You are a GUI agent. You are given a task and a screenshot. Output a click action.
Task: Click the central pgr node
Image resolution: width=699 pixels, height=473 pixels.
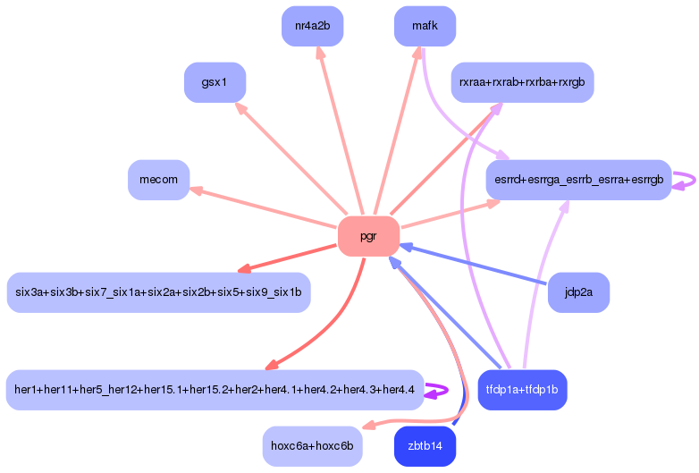pos(368,236)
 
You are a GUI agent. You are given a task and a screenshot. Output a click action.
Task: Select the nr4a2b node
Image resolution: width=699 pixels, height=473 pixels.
pos(313,26)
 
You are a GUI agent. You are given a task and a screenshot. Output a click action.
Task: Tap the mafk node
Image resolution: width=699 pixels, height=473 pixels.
pos(425,26)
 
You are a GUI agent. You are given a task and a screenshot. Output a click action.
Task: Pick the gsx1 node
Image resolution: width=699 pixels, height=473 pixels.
pos(215,82)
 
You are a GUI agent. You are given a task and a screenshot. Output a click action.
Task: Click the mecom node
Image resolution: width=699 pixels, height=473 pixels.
pos(159,180)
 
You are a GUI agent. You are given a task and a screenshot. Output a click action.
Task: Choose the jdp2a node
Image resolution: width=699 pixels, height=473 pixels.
pos(578,292)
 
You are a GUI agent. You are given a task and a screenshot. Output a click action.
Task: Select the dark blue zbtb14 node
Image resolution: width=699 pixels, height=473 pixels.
pos(425,446)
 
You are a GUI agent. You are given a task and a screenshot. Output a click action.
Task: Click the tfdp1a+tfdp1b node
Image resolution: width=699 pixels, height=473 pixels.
pos(523,390)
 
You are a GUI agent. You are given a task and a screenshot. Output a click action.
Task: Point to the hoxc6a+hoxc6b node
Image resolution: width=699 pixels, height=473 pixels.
pos(313,446)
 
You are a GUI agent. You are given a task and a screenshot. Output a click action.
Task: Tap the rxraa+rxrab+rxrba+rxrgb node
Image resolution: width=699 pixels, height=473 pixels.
pos(523,82)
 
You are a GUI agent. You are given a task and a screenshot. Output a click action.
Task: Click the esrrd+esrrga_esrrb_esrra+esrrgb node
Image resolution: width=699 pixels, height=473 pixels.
pos(578,180)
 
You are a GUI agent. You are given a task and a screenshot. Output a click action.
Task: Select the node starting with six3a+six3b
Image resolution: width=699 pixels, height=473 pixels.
pos(159,292)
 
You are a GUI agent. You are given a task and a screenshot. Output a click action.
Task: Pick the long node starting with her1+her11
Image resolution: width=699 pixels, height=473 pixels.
pos(215,390)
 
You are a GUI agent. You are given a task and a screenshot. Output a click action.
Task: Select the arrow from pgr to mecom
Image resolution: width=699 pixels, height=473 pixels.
pos(263,207)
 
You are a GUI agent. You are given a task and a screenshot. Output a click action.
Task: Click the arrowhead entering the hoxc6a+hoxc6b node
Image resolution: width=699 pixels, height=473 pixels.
pos(369,427)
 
